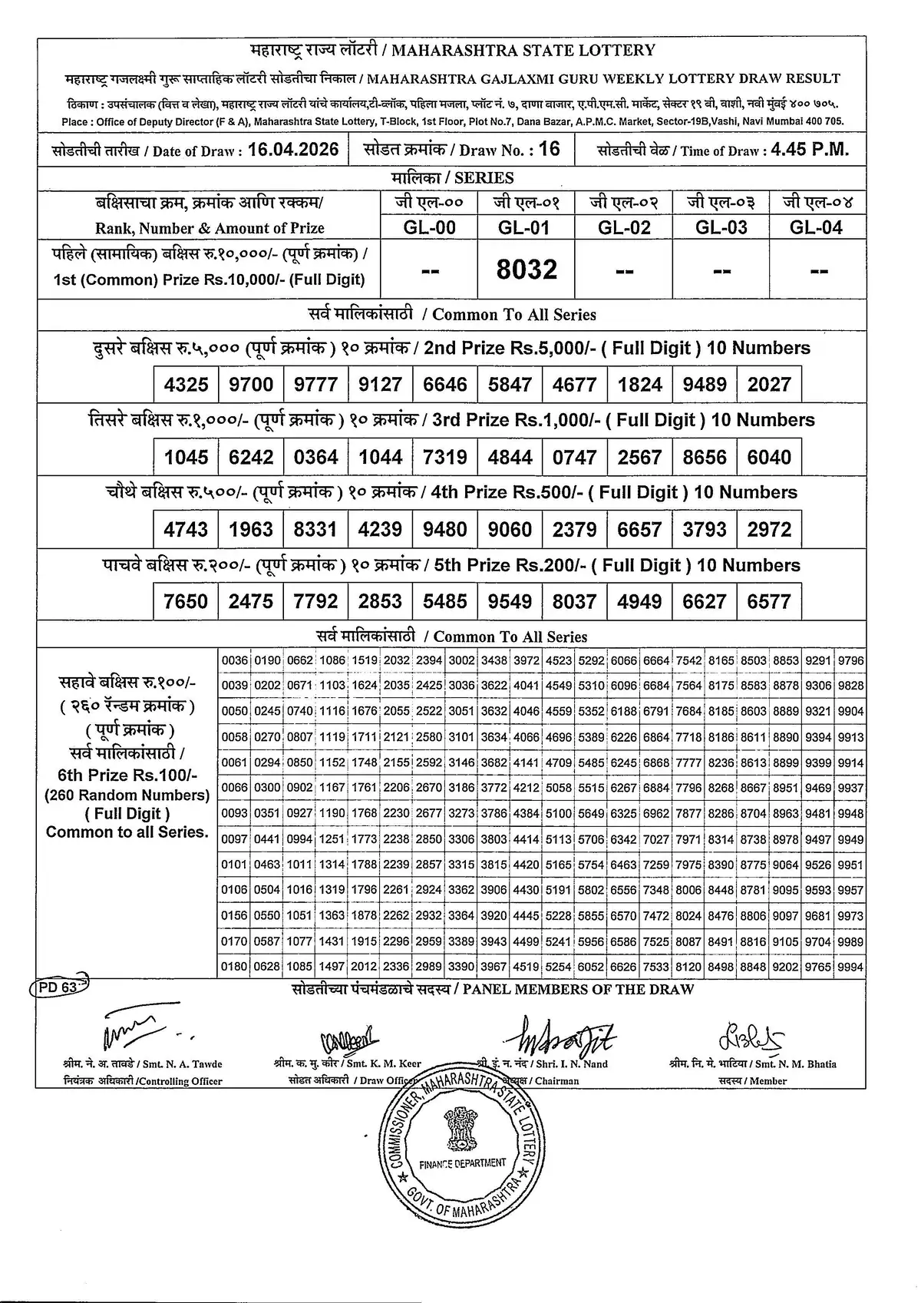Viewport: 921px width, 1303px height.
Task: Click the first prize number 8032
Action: (x=527, y=270)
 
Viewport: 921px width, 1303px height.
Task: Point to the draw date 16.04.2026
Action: (x=293, y=149)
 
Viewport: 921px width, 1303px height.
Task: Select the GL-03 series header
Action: (x=721, y=227)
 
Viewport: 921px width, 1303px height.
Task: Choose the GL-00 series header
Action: (x=430, y=227)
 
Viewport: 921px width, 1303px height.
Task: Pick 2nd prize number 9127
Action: (x=381, y=384)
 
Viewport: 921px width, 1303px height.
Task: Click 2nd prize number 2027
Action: (x=769, y=384)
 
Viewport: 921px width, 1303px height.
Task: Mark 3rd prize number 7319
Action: (x=445, y=457)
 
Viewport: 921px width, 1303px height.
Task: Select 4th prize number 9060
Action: (x=510, y=529)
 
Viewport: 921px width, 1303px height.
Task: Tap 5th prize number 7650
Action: (x=186, y=601)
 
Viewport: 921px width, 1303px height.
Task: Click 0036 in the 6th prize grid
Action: (x=235, y=660)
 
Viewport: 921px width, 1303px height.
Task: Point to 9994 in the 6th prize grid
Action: (x=851, y=967)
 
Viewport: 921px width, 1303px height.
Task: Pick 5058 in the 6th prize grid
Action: (x=559, y=789)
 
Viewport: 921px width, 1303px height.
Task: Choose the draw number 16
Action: (x=550, y=149)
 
